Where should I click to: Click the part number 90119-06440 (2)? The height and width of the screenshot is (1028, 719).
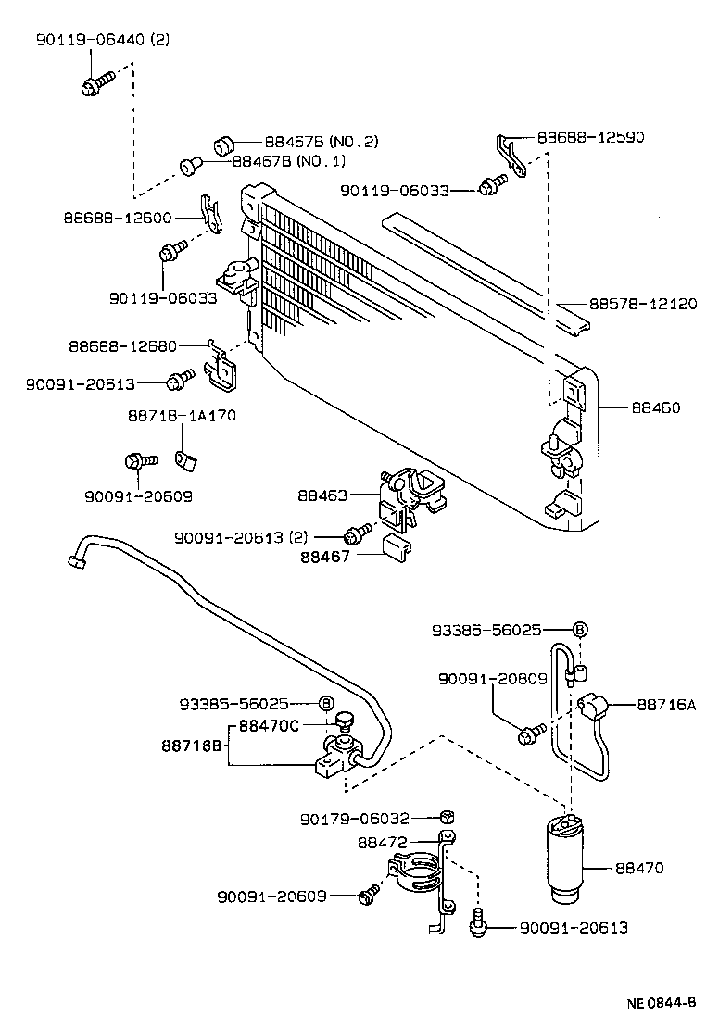point(103,40)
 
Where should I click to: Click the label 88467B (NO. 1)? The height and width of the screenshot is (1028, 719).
point(288,161)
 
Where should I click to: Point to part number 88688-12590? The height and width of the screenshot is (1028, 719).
point(590,137)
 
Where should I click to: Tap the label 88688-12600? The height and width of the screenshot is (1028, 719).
point(118,218)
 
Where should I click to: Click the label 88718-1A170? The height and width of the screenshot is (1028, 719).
point(181,416)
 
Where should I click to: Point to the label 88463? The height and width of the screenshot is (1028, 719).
point(322,495)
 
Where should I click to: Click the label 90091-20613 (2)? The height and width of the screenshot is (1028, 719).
point(244,536)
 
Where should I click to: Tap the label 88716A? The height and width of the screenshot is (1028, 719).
point(665,705)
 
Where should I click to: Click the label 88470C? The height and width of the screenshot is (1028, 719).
point(269,726)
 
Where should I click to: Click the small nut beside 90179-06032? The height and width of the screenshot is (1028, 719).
point(445,817)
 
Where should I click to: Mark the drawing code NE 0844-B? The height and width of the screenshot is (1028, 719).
point(661,1003)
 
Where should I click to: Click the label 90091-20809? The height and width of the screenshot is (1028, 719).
point(492,679)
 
